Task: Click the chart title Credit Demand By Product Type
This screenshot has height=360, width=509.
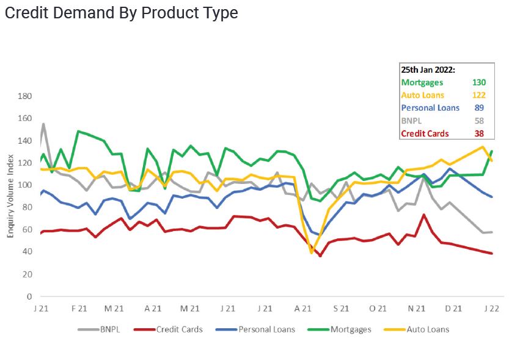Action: [x=121, y=13]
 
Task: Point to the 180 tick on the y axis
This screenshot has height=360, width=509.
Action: [x=25, y=97]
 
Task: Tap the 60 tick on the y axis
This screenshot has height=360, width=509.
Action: [x=27, y=230]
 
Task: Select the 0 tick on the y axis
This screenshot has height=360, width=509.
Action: [x=29, y=296]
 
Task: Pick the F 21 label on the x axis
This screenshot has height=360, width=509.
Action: [x=78, y=309]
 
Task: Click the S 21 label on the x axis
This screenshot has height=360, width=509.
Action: [x=341, y=309]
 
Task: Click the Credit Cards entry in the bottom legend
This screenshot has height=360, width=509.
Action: [x=179, y=329]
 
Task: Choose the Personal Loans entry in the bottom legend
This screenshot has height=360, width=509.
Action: [x=266, y=329]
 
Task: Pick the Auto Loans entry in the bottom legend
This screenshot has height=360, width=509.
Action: [x=428, y=329]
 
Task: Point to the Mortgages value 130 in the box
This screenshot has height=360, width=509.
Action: [x=480, y=83]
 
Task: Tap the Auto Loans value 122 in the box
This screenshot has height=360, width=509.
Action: [x=480, y=95]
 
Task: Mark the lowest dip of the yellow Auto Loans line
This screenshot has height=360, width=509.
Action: [x=312, y=252]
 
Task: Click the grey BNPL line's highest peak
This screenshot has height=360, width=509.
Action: [x=43, y=124]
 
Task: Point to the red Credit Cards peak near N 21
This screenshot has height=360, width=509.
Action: [x=424, y=215]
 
